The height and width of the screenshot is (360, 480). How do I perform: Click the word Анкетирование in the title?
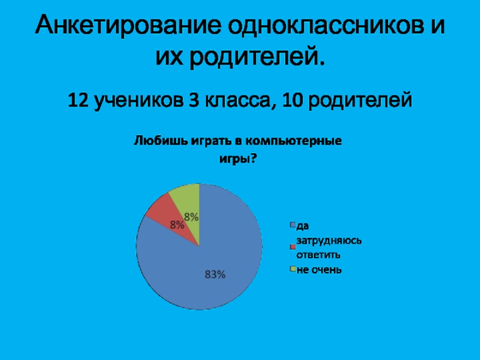click(x=128, y=25)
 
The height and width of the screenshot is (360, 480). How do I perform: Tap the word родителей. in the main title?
click(x=257, y=56)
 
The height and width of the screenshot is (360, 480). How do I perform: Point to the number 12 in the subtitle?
click(x=79, y=100)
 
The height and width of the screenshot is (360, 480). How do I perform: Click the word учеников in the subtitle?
click(x=138, y=100)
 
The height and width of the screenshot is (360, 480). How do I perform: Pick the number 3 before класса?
click(x=193, y=100)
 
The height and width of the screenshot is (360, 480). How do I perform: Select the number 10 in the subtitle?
click(x=292, y=100)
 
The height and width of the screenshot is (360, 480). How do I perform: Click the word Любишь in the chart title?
click(x=160, y=142)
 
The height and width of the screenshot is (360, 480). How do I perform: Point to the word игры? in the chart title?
click(x=238, y=159)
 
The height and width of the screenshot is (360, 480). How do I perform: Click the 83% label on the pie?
click(x=215, y=275)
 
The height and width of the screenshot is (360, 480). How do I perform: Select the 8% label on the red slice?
click(x=177, y=226)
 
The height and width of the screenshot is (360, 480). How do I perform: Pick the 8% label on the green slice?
click(x=191, y=217)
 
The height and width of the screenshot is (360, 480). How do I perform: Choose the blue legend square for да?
click(x=293, y=225)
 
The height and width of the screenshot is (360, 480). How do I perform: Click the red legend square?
click(x=293, y=247)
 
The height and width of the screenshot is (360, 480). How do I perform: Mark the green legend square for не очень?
click(x=293, y=269)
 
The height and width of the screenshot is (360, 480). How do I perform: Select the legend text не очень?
click(x=319, y=270)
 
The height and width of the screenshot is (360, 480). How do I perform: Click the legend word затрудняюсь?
click(x=329, y=241)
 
